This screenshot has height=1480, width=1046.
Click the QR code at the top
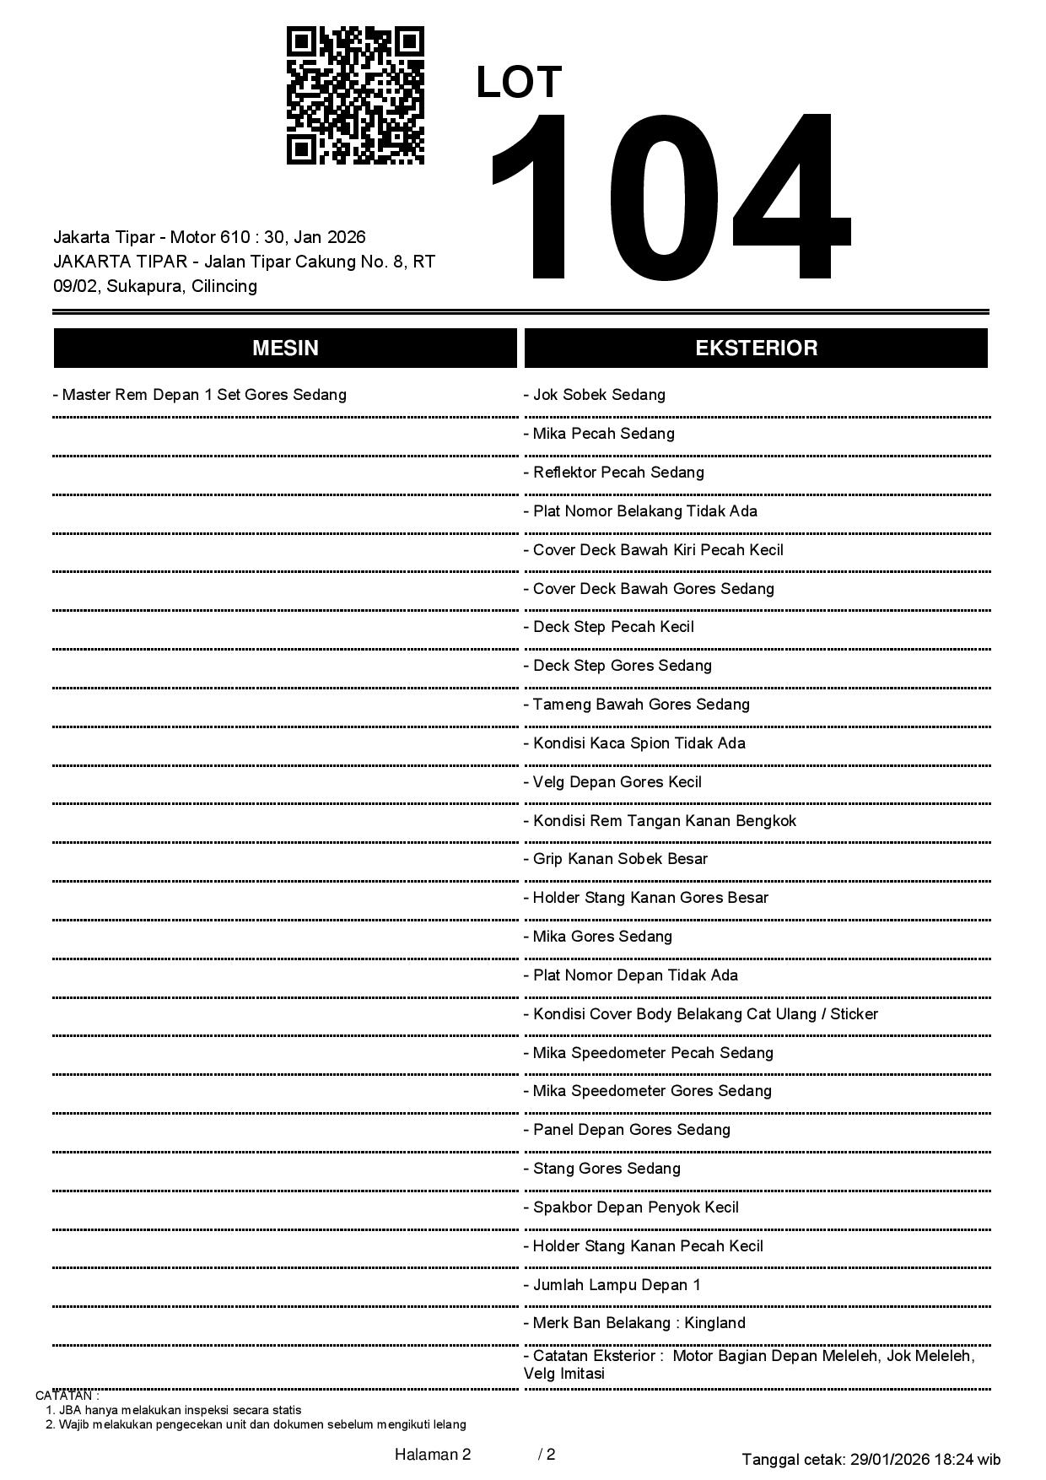[355, 95]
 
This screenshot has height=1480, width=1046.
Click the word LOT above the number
[519, 83]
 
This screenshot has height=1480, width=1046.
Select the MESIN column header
[285, 348]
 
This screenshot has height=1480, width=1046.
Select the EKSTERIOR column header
[756, 348]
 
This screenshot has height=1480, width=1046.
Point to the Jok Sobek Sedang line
[595, 395]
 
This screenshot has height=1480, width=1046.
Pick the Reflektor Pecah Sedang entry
[614, 473]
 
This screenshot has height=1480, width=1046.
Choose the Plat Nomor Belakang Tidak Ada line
[641, 511]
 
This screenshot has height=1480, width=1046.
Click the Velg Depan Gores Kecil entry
[612, 782]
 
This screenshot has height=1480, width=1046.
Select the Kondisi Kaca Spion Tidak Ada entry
[634, 743]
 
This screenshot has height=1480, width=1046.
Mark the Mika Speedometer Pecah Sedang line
[649, 1053]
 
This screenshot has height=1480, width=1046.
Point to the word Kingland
[715, 1323]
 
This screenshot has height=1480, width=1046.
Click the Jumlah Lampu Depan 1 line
[612, 1285]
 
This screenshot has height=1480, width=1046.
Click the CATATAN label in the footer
[67, 1396]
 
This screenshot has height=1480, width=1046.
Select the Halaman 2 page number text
[432, 1454]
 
